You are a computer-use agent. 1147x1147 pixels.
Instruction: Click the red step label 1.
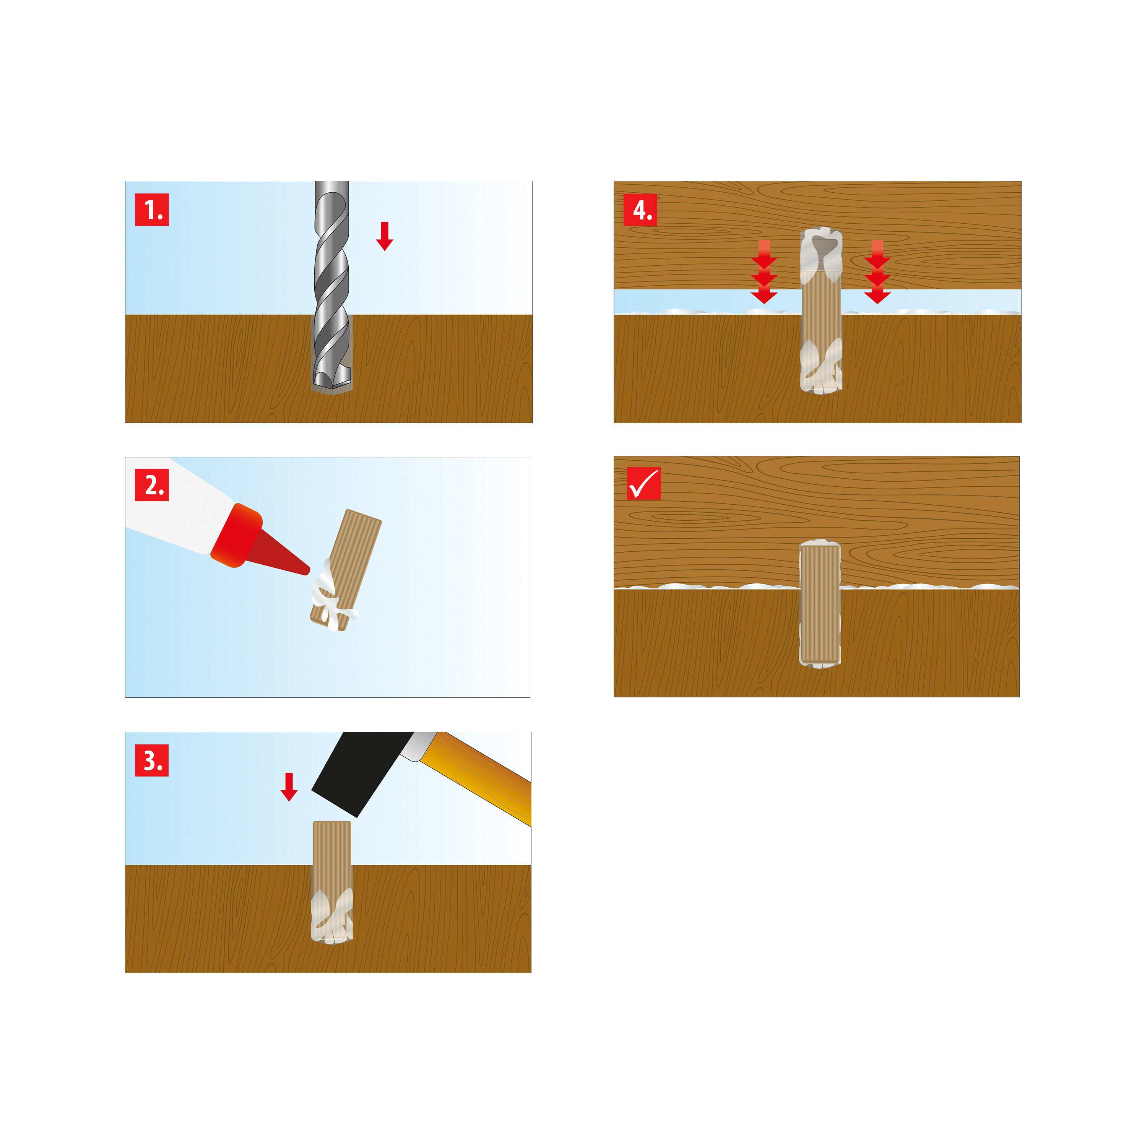152,210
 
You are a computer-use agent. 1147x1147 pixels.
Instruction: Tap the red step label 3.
152,760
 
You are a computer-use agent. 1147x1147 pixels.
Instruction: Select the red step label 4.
640,210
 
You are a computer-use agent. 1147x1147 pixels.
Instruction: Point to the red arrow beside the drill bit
385,236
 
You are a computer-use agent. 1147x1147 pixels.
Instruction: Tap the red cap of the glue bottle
236,536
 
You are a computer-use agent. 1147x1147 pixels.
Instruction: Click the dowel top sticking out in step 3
332,843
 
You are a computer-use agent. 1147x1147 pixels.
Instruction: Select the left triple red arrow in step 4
764,272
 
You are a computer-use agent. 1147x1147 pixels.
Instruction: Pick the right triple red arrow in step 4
877,272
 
